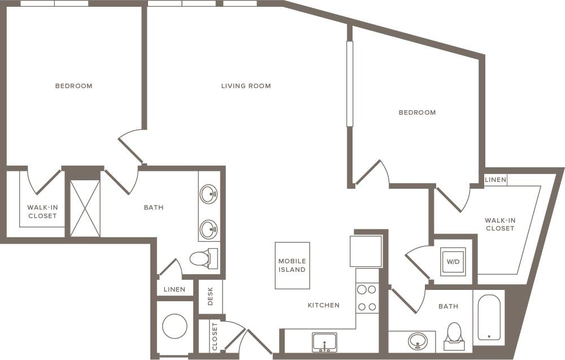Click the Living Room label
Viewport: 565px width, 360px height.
click(246, 86)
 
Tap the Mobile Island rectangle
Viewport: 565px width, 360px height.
click(292, 265)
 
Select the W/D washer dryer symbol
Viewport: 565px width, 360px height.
click(453, 262)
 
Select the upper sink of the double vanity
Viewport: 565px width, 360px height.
click(209, 194)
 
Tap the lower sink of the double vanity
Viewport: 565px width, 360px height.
click(209, 229)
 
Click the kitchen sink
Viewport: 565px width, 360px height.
click(324, 341)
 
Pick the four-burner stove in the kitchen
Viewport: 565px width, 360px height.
click(367, 298)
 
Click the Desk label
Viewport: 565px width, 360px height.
click(211, 296)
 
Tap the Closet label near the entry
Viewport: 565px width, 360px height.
click(214, 336)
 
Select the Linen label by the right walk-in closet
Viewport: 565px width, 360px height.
click(496, 180)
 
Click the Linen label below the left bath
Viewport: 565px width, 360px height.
click(174, 289)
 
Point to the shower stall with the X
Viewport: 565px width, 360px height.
click(85, 209)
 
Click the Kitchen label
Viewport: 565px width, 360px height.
click(323, 305)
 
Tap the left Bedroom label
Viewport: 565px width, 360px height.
click(73, 86)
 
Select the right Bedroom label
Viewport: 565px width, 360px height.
click(417, 112)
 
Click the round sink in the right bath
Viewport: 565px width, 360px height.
click(418, 340)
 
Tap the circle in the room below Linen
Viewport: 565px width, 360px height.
click(175, 326)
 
